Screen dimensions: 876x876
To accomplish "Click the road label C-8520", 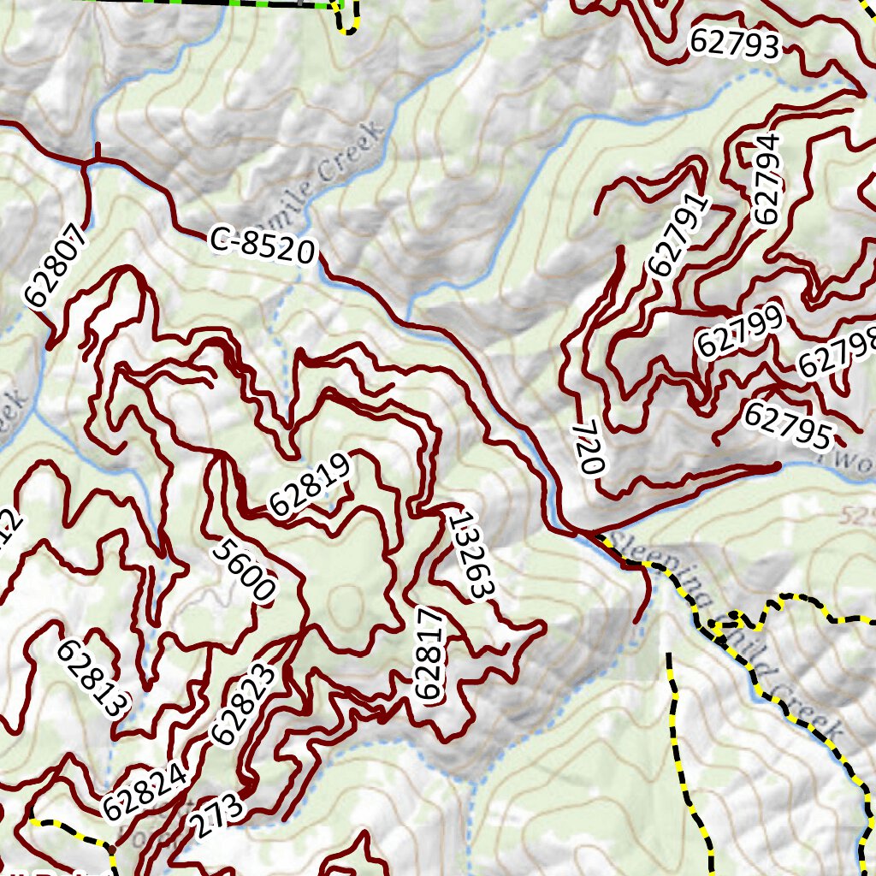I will tap(263, 247).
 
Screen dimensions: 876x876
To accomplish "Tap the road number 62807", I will tap(56, 267).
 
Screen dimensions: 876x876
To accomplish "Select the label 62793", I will tap(736, 43).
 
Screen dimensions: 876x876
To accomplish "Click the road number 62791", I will tap(680, 235).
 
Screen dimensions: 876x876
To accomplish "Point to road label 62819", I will tap(311, 486).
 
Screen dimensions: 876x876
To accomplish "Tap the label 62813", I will tap(93, 678).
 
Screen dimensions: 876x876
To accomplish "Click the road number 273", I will tap(216, 819).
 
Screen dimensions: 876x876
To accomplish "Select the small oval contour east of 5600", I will tap(346, 597).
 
